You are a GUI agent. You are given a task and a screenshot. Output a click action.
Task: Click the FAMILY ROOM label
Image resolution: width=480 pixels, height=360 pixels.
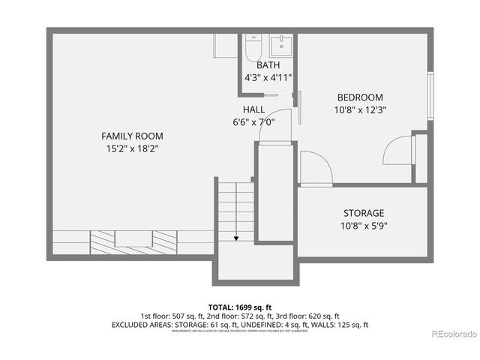pyautogui.click(x=132, y=136)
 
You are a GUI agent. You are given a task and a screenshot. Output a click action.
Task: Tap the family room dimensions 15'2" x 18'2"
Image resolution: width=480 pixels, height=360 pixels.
pyautogui.click(x=132, y=148)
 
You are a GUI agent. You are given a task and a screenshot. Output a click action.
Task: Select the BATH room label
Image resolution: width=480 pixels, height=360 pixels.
pyautogui.click(x=268, y=65)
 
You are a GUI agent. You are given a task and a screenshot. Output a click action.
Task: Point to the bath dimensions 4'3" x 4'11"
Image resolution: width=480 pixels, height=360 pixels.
pyautogui.click(x=268, y=77)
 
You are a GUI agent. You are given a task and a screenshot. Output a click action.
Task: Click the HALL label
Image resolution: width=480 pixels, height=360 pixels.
pyautogui.click(x=253, y=109)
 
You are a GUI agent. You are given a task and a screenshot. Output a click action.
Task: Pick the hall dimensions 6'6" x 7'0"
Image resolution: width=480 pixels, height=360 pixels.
pyautogui.click(x=253, y=121)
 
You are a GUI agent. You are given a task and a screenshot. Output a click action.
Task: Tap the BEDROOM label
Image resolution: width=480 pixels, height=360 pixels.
pyautogui.click(x=360, y=97)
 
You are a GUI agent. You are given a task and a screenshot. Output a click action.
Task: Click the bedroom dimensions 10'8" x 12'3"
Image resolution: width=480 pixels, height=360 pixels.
pyautogui.click(x=360, y=109)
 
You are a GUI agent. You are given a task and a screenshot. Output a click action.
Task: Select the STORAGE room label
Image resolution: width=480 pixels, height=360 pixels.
pyautogui.click(x=364, y=213)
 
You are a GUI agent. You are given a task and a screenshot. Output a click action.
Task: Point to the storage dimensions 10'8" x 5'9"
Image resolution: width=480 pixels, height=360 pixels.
pyautogui.click(x=364, y=225)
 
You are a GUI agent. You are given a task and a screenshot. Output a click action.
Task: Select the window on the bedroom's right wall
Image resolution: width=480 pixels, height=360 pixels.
pyautogui.click(x=430, y=95)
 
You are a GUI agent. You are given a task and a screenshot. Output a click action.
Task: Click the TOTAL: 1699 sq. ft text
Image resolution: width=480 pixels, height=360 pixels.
pyautogui.click(x=239, y=307)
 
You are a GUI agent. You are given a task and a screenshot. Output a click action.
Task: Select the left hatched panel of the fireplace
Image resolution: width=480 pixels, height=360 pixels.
pyautogui.click(x=102, y=241)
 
